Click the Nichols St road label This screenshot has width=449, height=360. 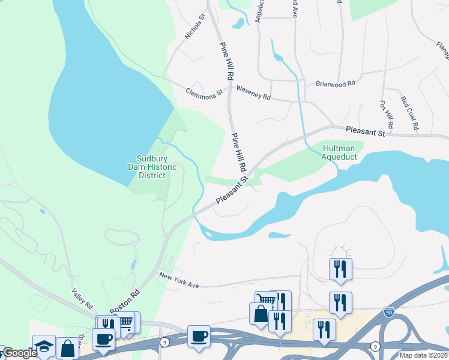click(x=195, y=28)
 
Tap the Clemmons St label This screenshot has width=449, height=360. click(x=204, y=92)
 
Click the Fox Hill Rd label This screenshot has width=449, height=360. click(x=385, y=114)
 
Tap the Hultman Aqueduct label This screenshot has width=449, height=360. click(x=339, y=152)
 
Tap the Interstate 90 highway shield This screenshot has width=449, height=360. click(x=389, y=311)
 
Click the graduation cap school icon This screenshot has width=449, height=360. click(x=44, y=346)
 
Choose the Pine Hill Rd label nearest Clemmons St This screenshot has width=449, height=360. click(x=228, y=61)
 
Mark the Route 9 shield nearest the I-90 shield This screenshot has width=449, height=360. click(x=375, y=346)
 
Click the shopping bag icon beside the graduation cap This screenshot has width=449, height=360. click(x=68, y=348)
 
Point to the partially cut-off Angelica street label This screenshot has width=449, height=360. click(x=260, y=11)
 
